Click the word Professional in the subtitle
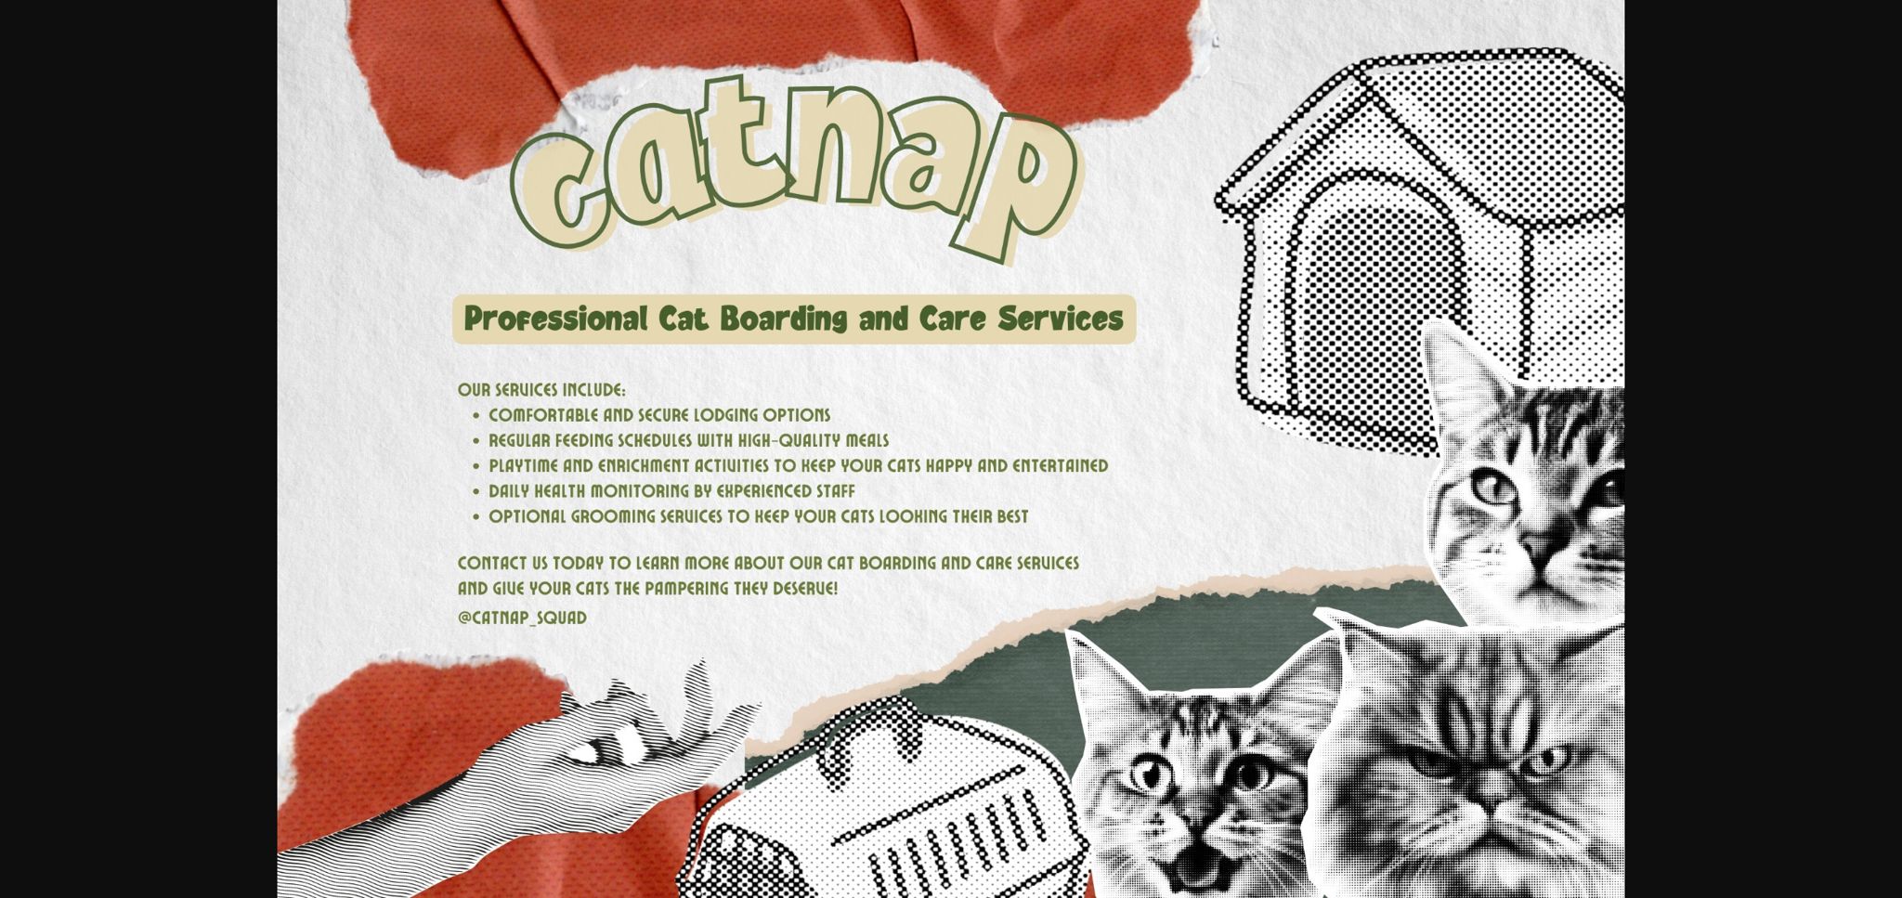tap(555, 319)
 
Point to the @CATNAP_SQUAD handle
tap(522, 618)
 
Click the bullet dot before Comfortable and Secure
tap(476, 416)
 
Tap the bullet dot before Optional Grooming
tap(476, 517)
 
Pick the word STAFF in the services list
tap(836, 490)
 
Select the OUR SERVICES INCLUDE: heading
tap(541, 390)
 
